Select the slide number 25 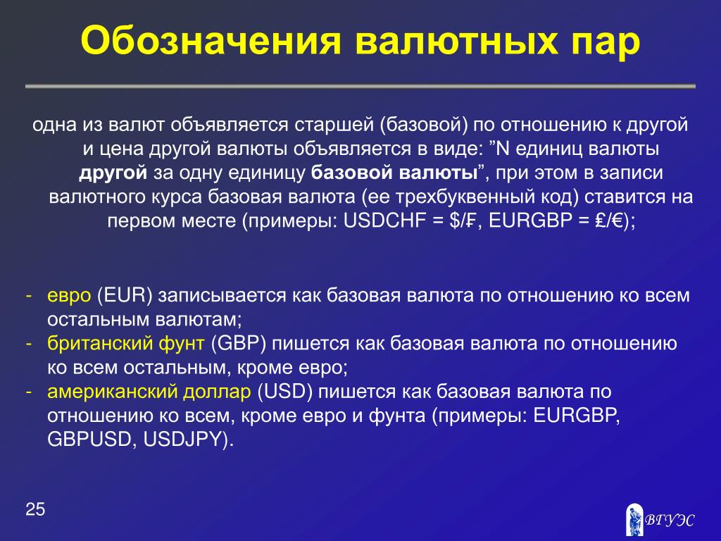coord(35,509)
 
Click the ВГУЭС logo coord(660,519)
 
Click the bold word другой coord(113,173)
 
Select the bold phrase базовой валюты coord(394,173)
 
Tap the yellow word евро coord(70,295)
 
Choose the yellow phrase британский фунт coord(126,344)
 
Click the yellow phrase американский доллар coord(149,392)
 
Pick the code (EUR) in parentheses coord(125,295)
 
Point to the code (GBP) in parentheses coord(239,343)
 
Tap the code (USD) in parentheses coord(285,391)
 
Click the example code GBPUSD coord(89,440)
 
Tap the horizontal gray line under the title coord(360,86)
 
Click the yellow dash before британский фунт coord(29,344)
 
